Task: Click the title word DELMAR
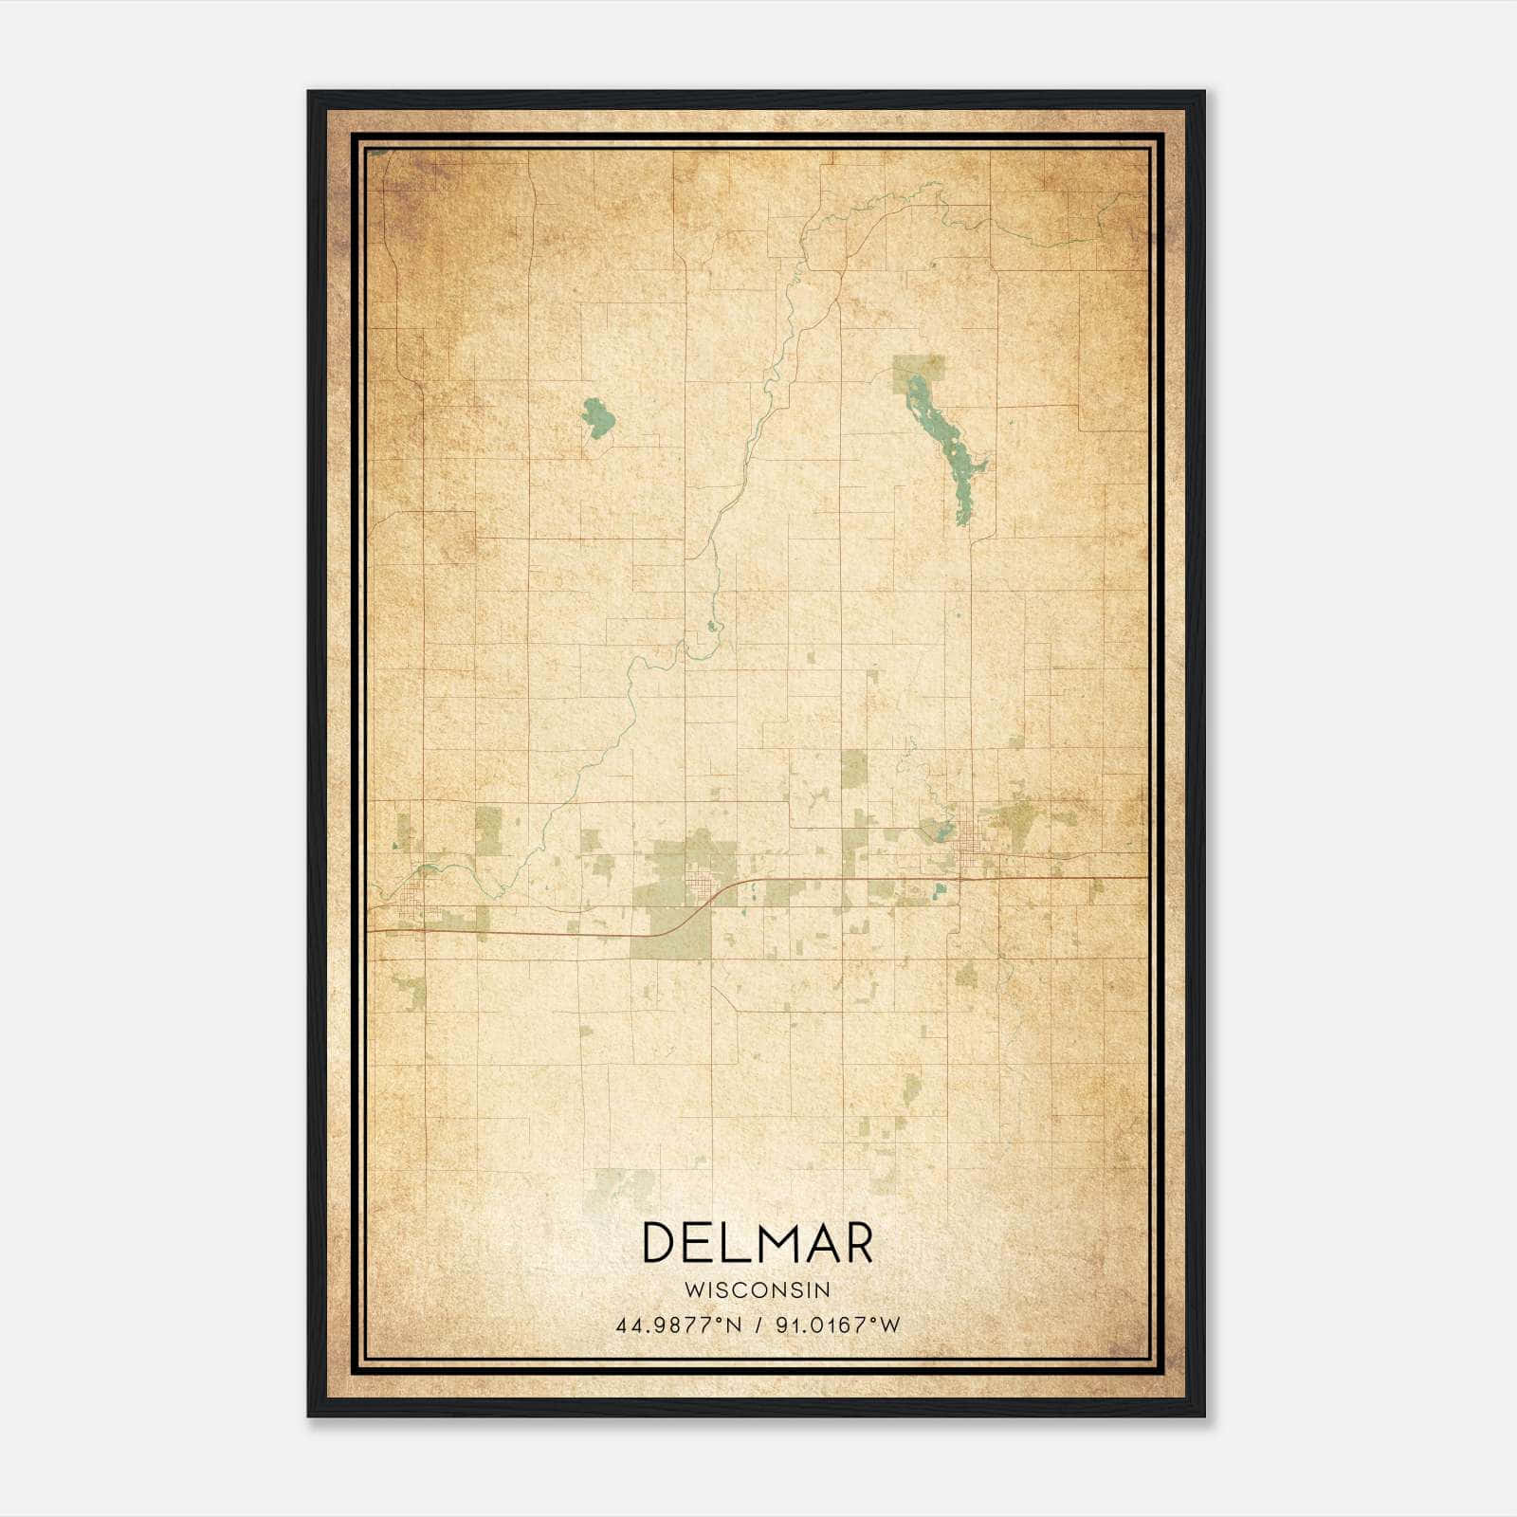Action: [758, 1243]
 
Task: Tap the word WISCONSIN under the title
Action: [758, 1289]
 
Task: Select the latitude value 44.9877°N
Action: [679, 1325]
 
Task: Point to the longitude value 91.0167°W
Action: [838, 1325]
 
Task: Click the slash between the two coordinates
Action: [758, 1325]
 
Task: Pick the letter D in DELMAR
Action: [660, 1243]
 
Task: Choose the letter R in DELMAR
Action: [856, 1243]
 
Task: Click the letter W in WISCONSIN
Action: [692, 1289]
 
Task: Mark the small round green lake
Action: [597, 417]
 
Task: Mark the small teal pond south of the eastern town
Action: [939, 889]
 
